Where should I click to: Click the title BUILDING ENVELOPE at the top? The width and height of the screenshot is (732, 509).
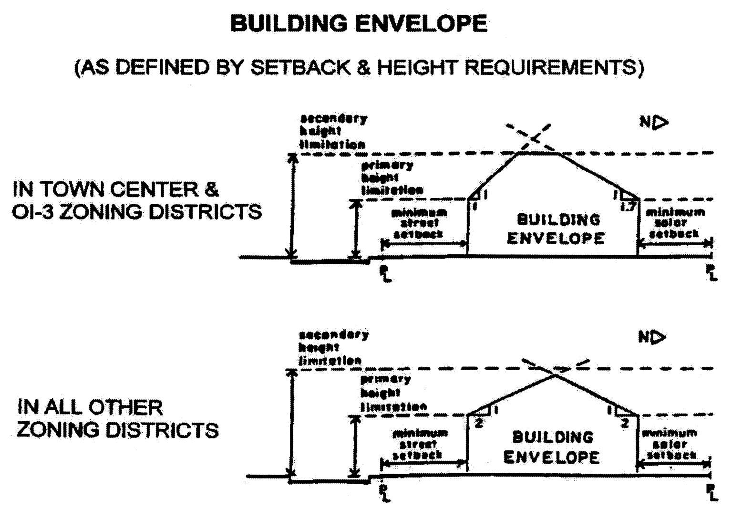359,24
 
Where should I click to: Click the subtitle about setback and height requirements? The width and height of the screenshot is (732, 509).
359,67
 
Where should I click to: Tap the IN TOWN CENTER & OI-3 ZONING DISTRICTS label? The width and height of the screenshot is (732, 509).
137,200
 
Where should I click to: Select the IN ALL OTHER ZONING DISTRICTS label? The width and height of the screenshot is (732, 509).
117,419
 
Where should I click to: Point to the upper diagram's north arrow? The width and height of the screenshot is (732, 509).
654,123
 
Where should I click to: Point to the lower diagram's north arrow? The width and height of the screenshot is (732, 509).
652,337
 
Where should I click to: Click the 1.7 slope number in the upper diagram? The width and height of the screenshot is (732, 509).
628,207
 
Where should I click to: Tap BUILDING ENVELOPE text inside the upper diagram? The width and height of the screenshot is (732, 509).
557,229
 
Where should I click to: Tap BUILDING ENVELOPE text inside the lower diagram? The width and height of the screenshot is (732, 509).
552,447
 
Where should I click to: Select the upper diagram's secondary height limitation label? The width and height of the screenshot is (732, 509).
333,131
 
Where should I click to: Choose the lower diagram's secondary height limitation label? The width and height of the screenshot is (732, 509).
333,347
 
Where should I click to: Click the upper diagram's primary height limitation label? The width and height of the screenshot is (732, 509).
391,177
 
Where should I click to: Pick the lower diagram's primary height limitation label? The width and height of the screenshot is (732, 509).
393,393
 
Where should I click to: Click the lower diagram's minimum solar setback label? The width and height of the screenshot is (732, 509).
670,444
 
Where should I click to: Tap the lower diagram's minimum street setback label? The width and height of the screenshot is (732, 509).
420,444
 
